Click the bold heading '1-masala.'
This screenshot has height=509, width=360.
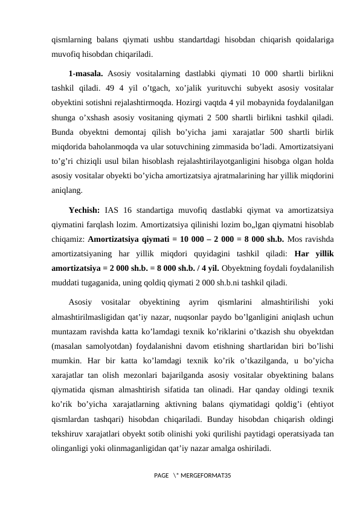(x=86, y=74)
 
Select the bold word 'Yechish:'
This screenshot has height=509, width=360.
(x=85, y=210)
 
